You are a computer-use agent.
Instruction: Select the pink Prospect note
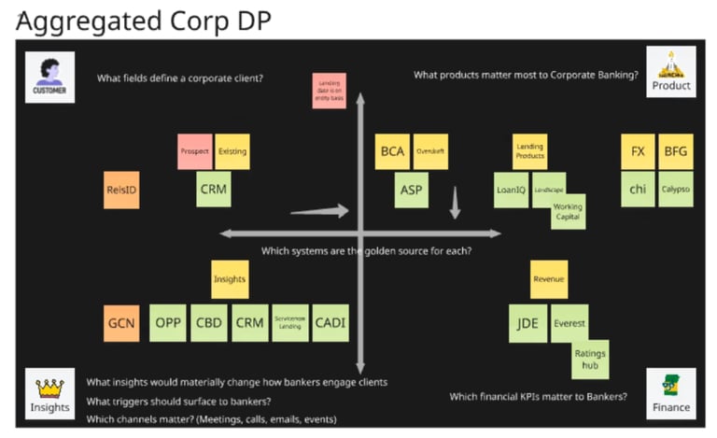195,151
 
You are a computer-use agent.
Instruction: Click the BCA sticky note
392,151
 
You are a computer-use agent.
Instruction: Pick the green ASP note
411,190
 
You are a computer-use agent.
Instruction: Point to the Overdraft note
430,151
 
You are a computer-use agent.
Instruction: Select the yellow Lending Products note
529,152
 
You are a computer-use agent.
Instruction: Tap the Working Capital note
568,212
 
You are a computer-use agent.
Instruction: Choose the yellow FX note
638,151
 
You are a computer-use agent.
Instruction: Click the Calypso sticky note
675,190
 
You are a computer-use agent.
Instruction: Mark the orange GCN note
121,323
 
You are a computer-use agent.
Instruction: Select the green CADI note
330,323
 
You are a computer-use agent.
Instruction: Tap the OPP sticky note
168,323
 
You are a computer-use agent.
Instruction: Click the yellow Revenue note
548,279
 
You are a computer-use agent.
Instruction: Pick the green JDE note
527,323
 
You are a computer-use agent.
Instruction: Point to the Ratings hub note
590,360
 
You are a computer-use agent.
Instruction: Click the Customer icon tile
49,77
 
